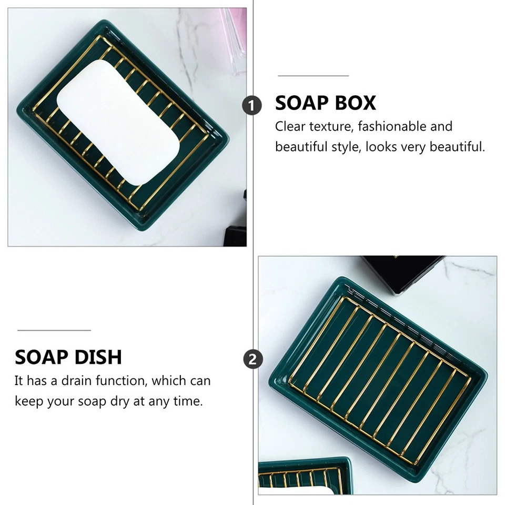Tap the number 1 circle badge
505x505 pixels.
tap(252, 105)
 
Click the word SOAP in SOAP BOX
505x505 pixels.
tap(300, 103)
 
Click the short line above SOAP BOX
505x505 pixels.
tap(313, 76)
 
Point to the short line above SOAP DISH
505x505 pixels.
tap(54, 330)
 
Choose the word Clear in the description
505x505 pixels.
tap(290, 126)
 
